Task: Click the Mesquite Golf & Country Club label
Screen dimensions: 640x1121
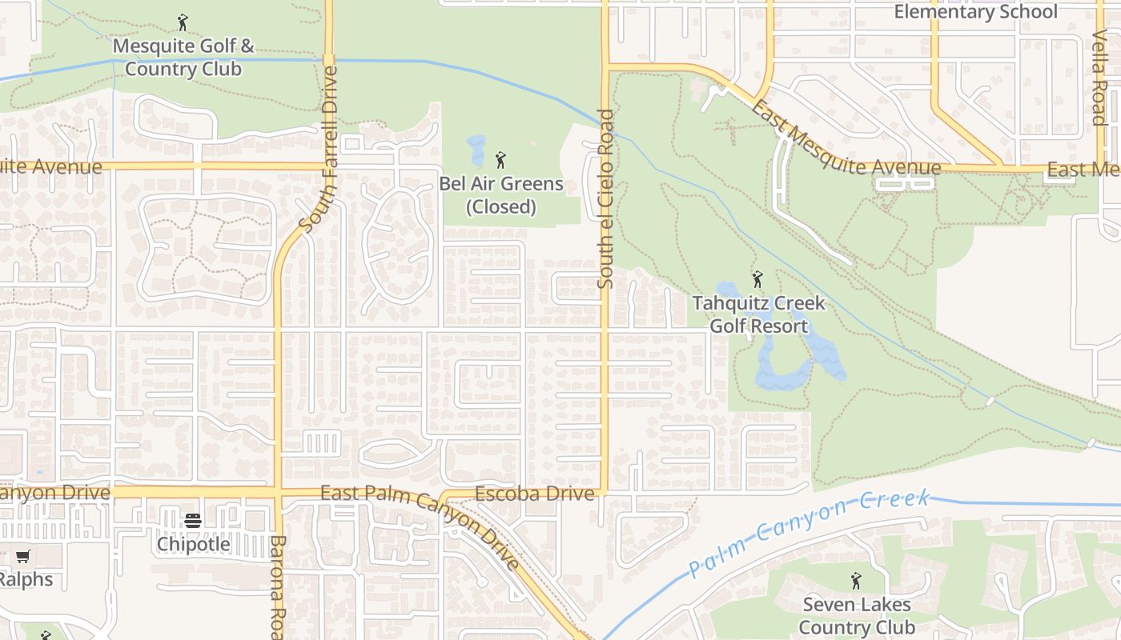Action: tap(183, 58)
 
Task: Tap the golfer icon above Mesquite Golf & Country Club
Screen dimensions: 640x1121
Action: tap(183, 22)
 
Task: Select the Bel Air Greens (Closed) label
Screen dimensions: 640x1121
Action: tap(501, 195)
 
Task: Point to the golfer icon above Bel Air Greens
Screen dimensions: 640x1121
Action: tap(501, 160)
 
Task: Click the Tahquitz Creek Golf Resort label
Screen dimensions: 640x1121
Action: tap(758, 315)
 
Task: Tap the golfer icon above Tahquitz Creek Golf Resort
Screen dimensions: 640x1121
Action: tap(757, 280)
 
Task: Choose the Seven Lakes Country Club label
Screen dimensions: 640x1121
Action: tap(857, 615)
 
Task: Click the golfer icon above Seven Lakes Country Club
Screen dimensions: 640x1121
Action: tap(856, 581)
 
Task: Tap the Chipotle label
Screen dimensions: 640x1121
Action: tap(193, 544)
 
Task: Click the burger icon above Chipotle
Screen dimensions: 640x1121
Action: tap(193, 521)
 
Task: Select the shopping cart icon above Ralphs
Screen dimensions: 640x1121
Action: tap(23, 556)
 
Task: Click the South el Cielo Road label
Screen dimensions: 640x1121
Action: tap(606, 198)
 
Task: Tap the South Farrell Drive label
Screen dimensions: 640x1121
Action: tap(318, 148)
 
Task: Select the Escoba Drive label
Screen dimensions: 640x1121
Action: tap(535, 494)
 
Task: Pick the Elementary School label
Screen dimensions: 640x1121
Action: tap(975, 12)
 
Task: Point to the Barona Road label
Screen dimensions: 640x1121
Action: tap(277, 588)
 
